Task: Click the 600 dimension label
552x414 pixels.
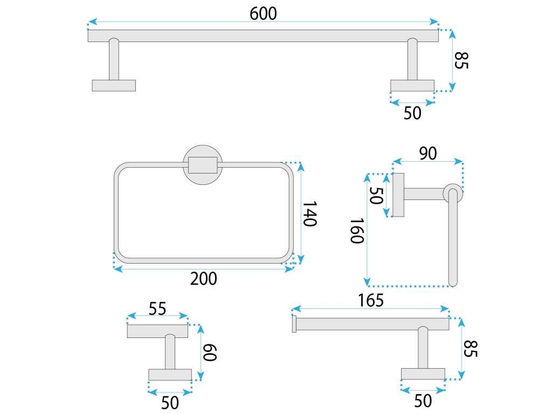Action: point(263,13)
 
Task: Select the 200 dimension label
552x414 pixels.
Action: point(204,279)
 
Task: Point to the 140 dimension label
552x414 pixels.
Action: point(308,214)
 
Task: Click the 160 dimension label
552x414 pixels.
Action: point(357,231)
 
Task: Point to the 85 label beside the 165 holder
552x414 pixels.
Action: point(470,349)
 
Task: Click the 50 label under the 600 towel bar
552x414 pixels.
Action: point(412,113)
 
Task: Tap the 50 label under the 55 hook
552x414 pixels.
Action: point(170,402)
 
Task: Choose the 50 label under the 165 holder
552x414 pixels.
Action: point(423,401)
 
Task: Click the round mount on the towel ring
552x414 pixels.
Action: point(203,165)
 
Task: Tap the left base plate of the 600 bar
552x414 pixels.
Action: point(114,85)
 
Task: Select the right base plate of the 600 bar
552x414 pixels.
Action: point(412,85)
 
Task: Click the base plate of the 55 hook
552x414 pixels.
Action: point(170,375)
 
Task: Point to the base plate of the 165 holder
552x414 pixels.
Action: point(423,374)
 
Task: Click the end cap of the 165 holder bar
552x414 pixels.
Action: point(294,324)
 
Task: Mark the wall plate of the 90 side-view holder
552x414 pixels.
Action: point(398,195)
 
